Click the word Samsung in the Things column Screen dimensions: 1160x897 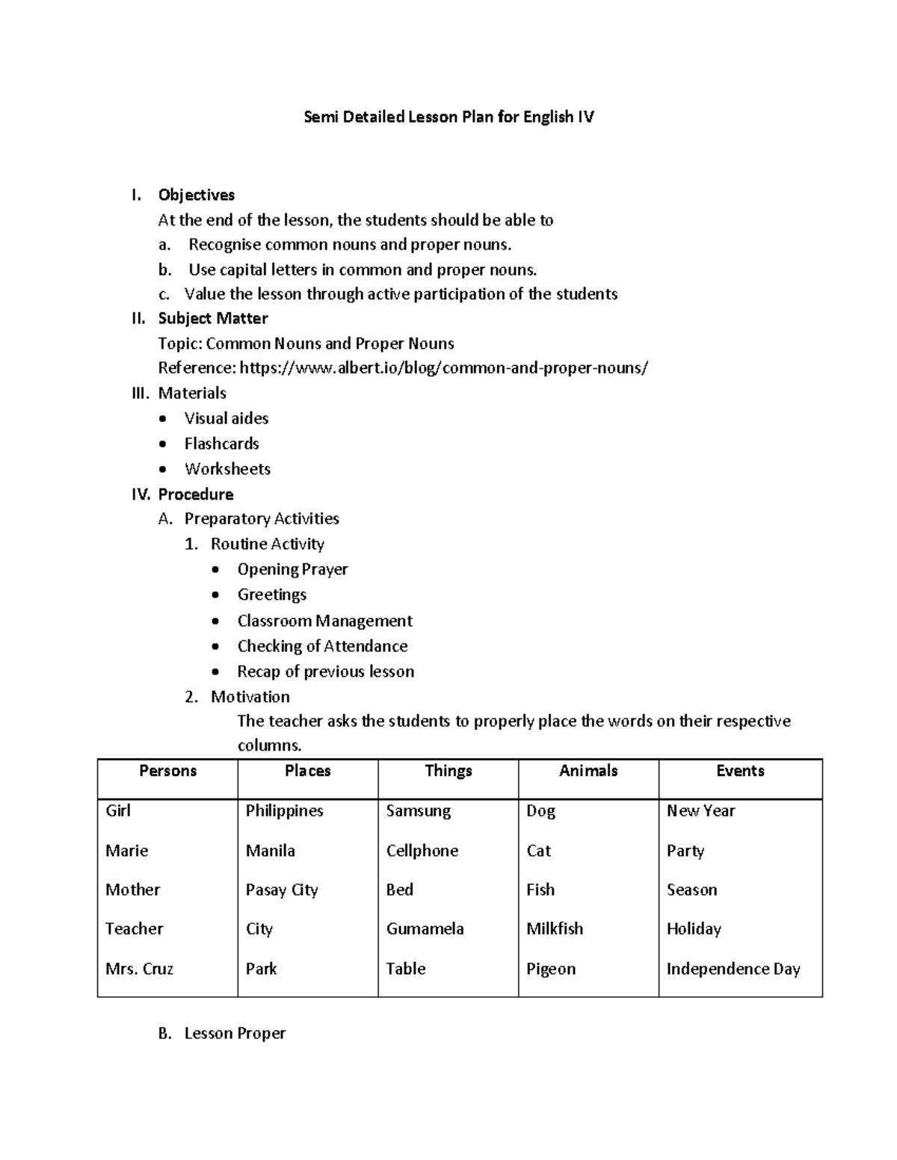[418, 811]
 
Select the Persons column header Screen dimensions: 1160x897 [167, 771]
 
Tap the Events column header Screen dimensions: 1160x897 [740, 771]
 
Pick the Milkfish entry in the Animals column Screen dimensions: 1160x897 [555, 928]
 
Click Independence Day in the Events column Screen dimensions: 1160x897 [733, 969]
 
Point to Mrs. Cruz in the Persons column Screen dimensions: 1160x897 [139, 969]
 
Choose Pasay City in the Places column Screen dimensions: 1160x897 [282, 890]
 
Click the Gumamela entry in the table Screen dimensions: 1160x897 [425, 928]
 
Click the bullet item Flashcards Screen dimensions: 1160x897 [221, 444]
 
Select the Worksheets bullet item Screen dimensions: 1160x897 [227, 469]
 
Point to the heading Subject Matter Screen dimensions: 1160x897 [213, 318]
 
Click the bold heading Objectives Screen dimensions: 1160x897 [197, 195]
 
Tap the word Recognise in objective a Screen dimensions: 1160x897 [224, 244]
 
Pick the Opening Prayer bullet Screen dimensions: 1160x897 [292, 569]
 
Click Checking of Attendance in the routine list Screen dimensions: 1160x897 [322, 646]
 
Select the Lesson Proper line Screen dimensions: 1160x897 [235, 1033]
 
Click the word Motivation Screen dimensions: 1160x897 [250, 697]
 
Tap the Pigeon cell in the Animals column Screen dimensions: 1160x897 [551, 969]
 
